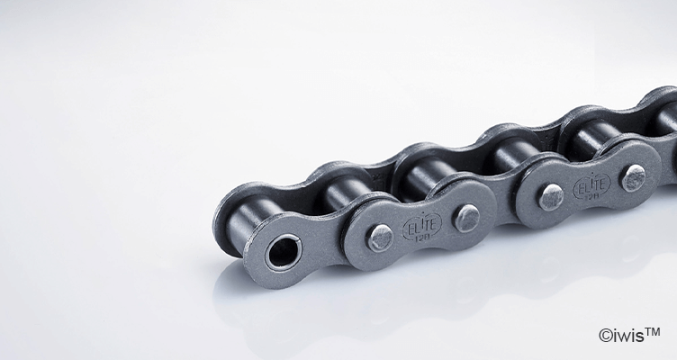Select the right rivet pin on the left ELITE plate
pyautogui.click(x=465, y=217)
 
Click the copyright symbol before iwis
pyautogui.click(x=604, y=337)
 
